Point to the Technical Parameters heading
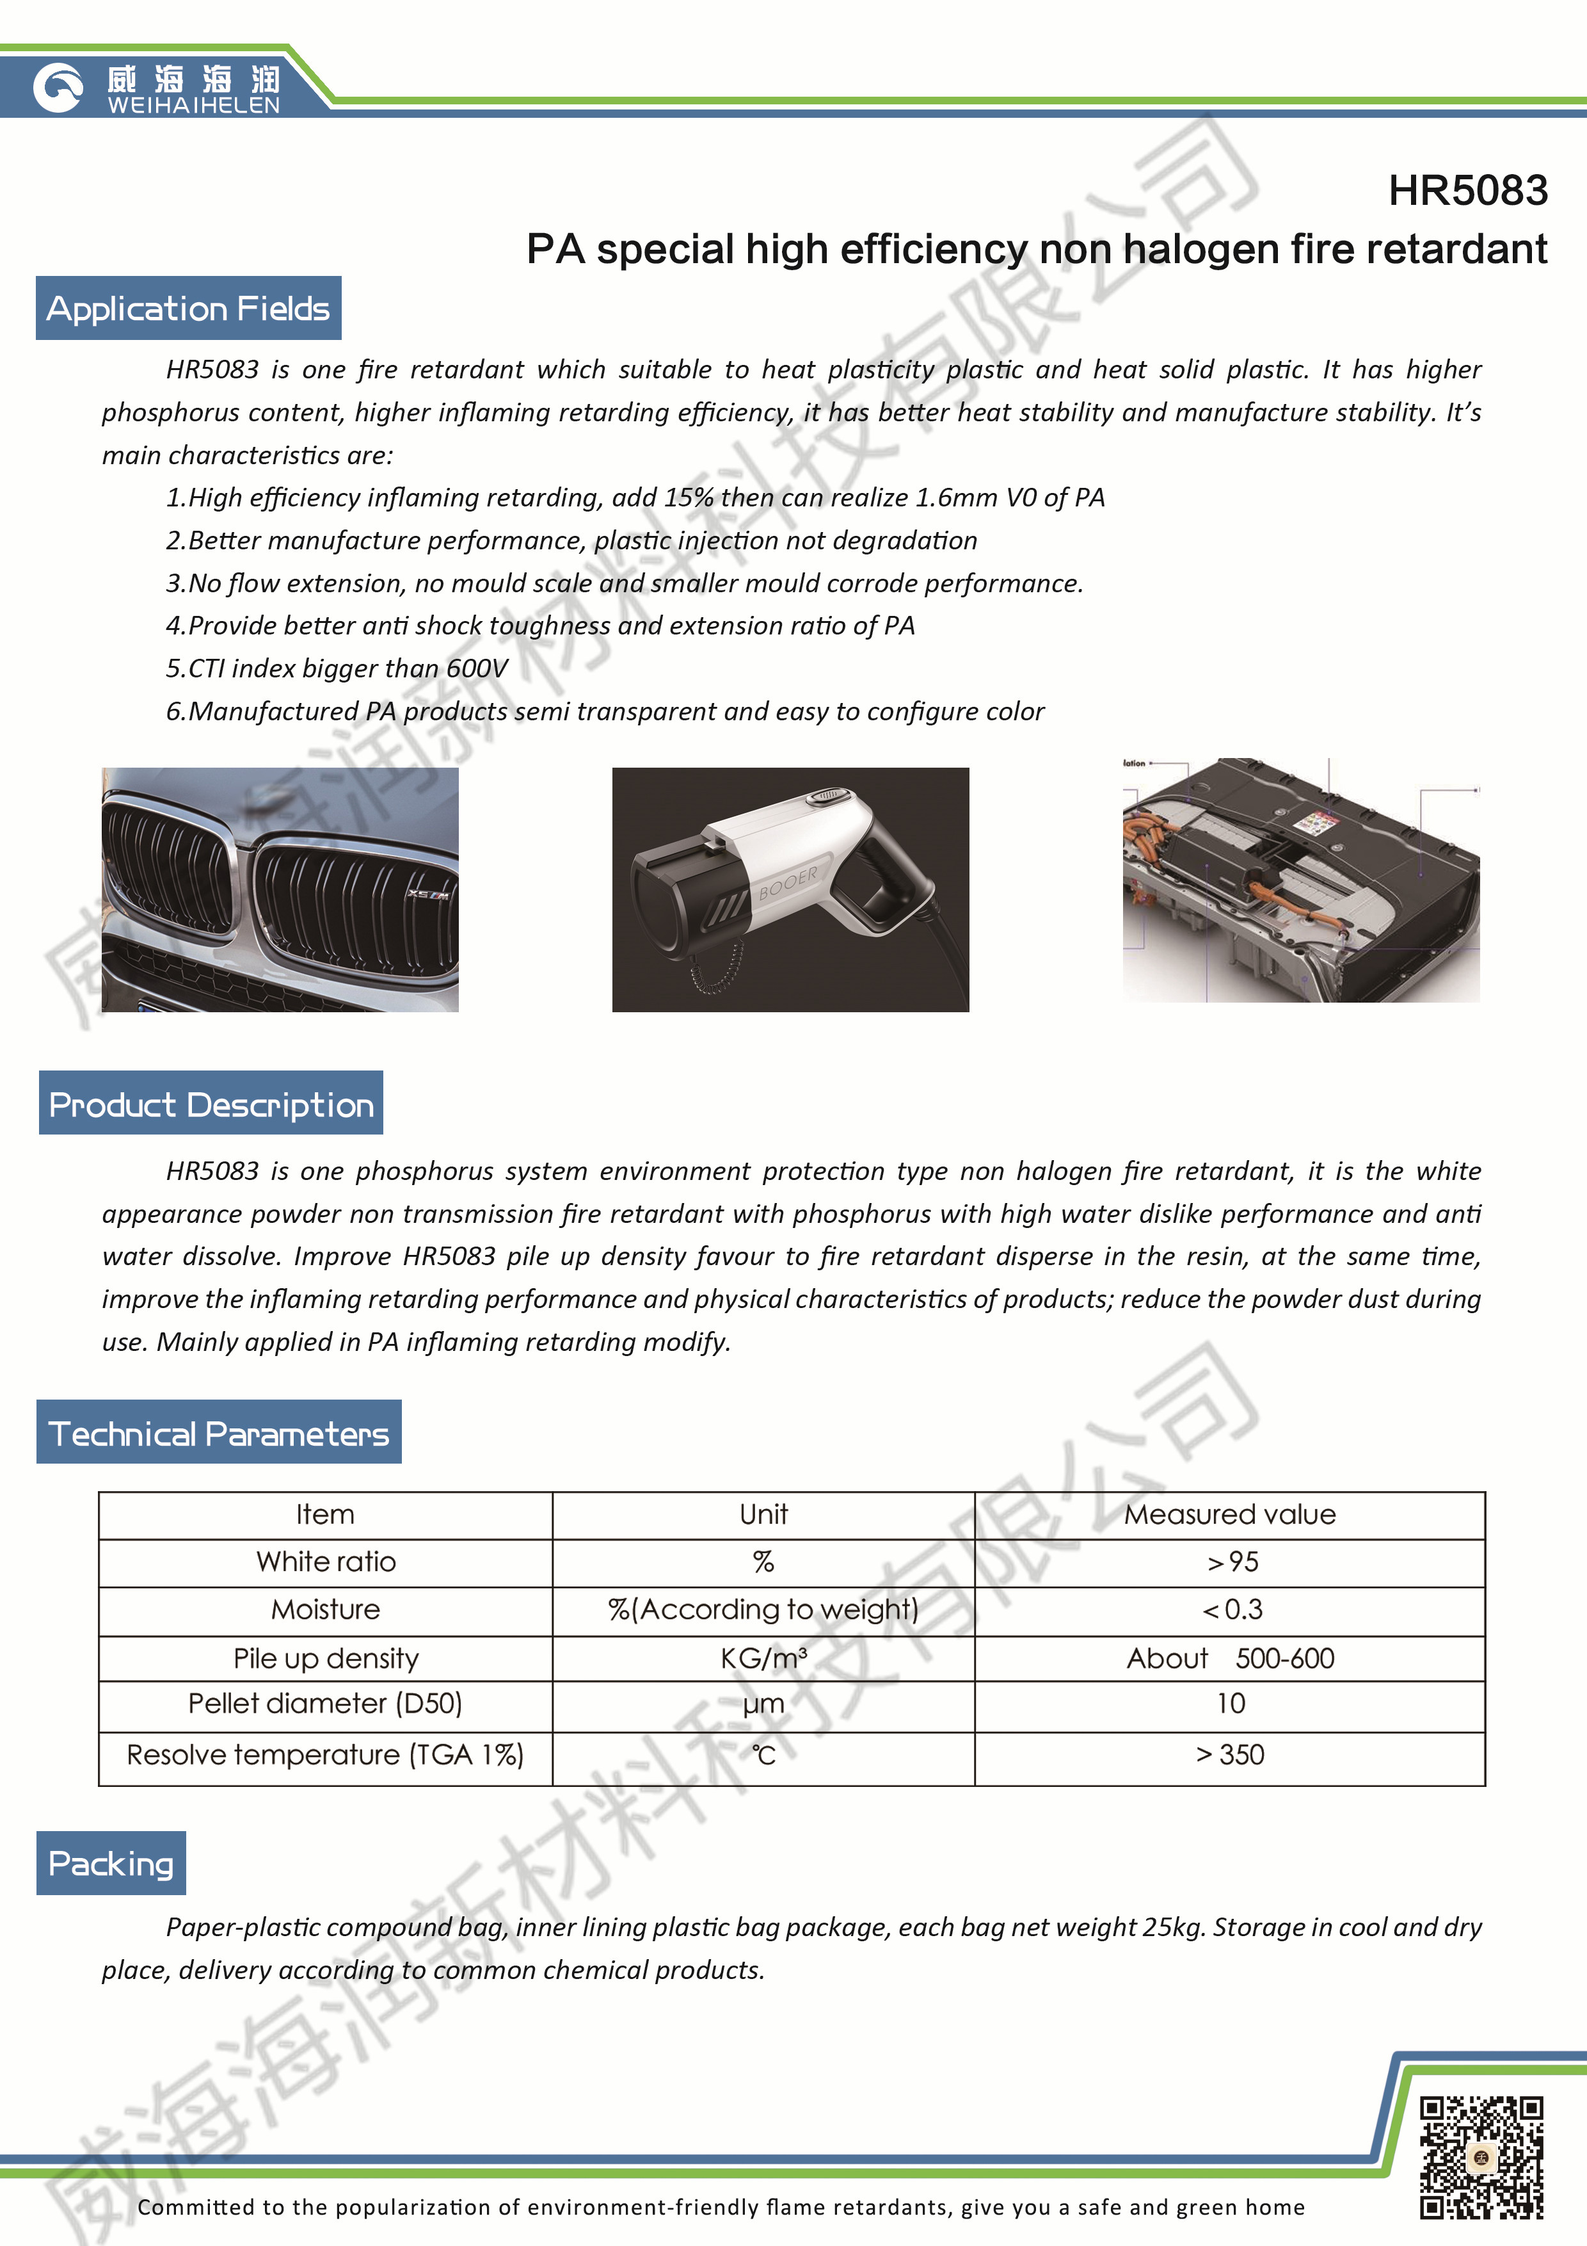219,1432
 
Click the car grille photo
280,889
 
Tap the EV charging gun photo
790,889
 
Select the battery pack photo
1300,880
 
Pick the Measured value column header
1229,1514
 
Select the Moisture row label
326,1609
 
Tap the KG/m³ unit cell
763,1658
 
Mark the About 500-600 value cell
1230,1658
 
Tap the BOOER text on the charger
788,882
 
